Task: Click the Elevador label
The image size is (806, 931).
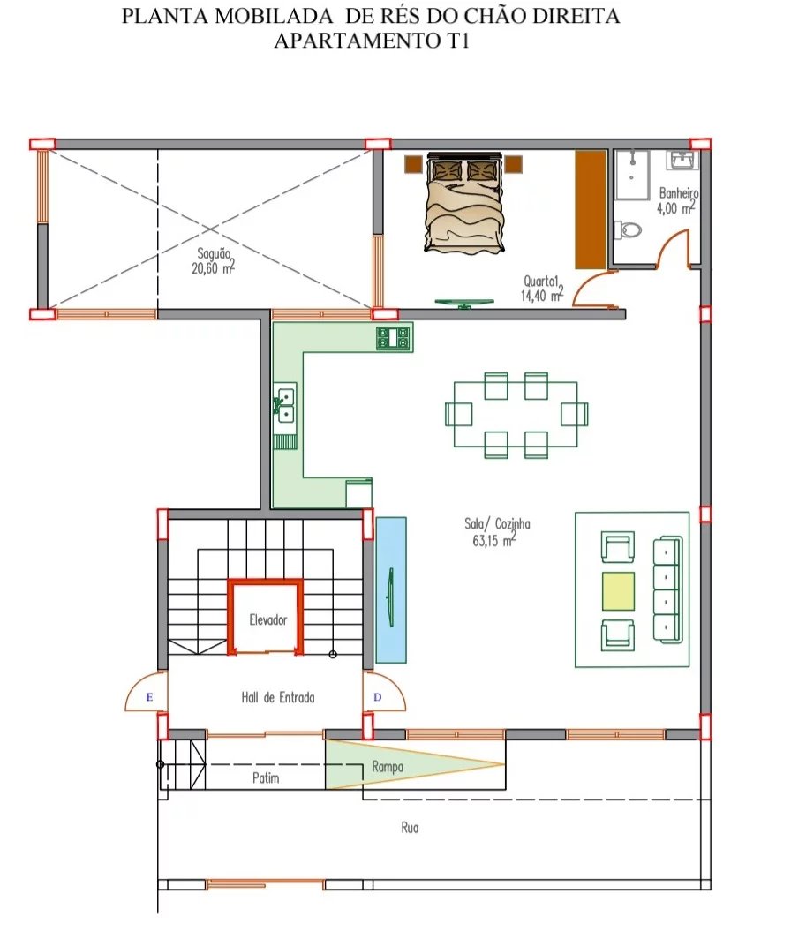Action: (267, 619)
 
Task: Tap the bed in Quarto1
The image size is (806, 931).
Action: (464, 202)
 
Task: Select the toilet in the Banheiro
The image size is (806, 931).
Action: (629, 229)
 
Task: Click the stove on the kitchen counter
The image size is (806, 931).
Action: (394, 338)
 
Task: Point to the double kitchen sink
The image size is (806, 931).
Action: (285, 404)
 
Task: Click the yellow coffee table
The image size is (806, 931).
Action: (618, 591)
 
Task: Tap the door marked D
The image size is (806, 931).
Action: (384, 692)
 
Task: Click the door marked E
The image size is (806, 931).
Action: (147, 692)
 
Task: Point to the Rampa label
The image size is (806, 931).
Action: (388, 767)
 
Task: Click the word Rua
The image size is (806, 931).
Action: (410, 827)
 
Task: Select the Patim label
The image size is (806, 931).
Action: (266, 777)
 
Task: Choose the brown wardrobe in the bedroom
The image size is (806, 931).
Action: (591, 210)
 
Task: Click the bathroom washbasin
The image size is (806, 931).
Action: (685, 160)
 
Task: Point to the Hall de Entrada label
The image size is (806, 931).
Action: (278, 697)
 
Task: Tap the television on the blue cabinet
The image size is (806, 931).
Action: (391, 597)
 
